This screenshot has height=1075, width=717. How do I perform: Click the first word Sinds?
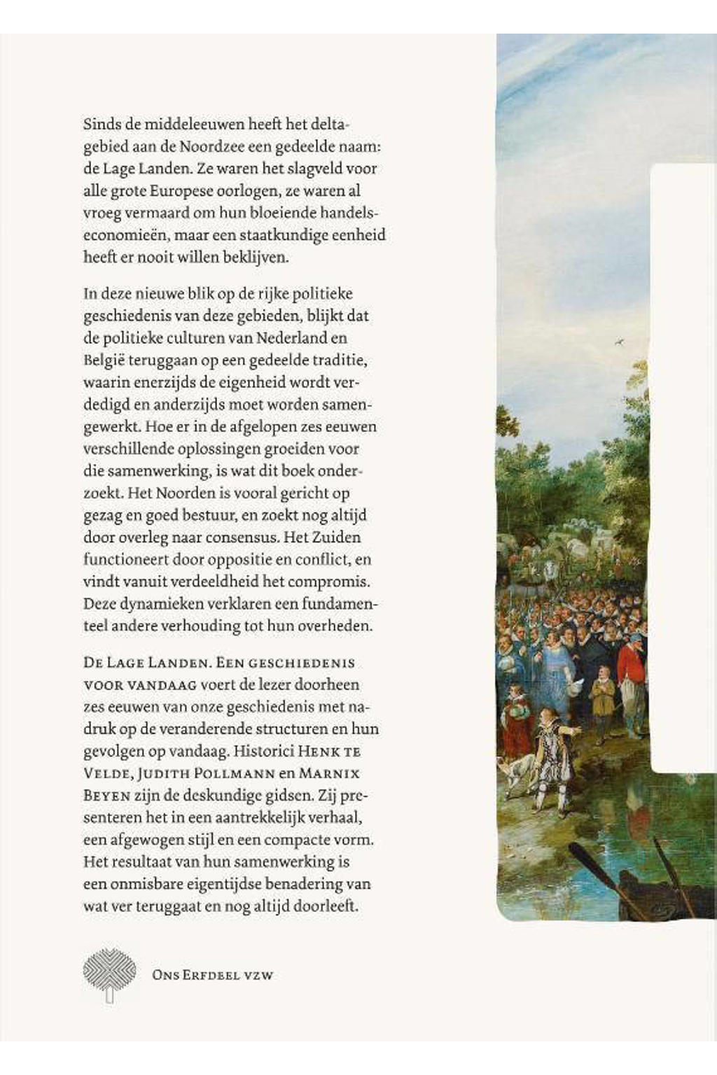pyautogui.click(x=102, y=125)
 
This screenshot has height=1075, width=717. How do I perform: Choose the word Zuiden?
pyautogui.click(x=337, y=537)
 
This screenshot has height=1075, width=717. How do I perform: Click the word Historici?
pyautogui.click(x=263, y=752)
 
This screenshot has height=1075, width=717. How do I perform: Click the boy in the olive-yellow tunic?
pyautogui.click(x=602, y=700)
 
